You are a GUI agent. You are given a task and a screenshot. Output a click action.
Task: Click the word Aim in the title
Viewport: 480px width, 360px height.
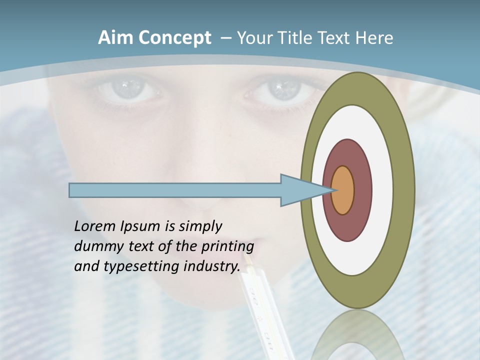pos(115,38)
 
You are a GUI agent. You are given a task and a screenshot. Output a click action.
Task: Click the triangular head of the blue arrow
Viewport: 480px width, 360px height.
pos(300,190)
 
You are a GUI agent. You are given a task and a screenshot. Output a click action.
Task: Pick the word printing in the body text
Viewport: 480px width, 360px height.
pos(227,246)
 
